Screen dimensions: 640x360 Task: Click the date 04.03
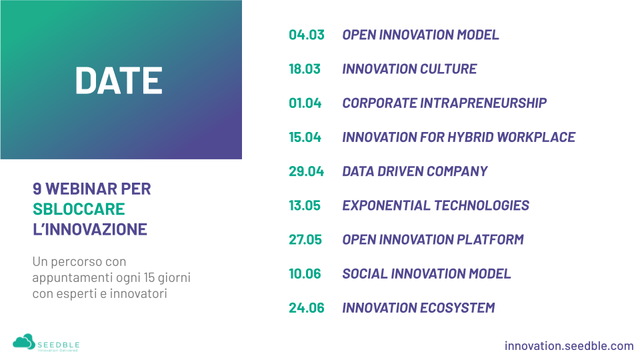click(x=307, y=35)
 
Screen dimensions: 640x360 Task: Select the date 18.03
click(x=305, y=69)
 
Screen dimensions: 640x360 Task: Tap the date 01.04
click(x=305, y=103)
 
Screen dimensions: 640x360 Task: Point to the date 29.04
click(x=306, y=171)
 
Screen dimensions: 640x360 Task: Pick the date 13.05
click(x=305, y=205)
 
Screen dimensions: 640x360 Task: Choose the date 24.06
click(x=307, y=308)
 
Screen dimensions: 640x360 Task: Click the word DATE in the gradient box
click(x=119, y=81)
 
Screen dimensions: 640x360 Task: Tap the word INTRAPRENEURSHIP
click(x=483, y=103)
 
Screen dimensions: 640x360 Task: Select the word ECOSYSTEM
click(x=457, y=308)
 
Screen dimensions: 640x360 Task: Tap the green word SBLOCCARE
click(x=79, y=209)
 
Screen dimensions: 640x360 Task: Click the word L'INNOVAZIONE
click(x=90, y=229)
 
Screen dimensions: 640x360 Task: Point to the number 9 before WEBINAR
click(x=37, y=189)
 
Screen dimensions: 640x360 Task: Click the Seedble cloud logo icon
click(x=24, y=342)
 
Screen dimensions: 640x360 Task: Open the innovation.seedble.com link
click(x=569, y=346)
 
